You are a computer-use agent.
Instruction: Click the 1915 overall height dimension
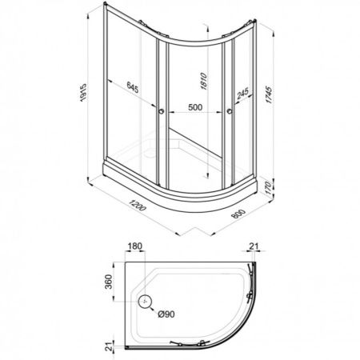pyautogui.click(x=83, y=93)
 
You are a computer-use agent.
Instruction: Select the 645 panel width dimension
pyautogui.click(x=133, y=87)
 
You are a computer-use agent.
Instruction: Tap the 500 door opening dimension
pyautogui.click(x=195, y=107)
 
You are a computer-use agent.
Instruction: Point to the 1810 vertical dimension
pyautogui.click(x=204, y=81)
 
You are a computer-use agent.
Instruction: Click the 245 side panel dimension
pyautogui.click(x=242, y=94)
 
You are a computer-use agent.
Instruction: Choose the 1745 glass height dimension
pyautogui.click(x=269, y=95)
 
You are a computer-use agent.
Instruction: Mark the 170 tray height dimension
pyautogui.click(x=268, y=187)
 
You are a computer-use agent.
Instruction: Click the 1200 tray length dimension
pyautogui.click(x=138, y=205)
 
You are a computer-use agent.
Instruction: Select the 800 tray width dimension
pyautogui.click(x=238, y=214)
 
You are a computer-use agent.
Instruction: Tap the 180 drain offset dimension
pyautogui.click(x=135, y=246)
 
